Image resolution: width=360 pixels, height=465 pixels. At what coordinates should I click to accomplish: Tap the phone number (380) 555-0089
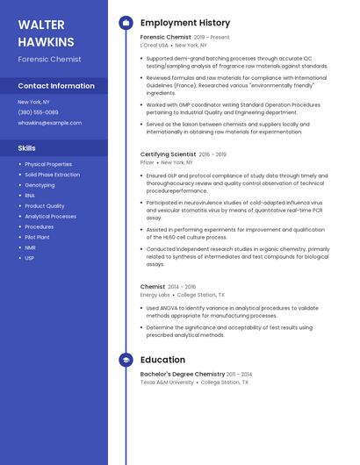38,112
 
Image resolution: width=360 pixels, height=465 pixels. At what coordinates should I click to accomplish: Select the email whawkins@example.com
49,123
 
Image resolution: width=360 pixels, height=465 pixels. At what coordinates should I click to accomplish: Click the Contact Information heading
56,86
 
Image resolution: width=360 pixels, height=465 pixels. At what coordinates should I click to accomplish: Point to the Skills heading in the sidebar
27,147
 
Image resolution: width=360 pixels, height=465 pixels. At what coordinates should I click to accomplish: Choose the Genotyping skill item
40,185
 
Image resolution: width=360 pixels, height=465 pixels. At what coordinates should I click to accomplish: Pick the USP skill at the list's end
30,258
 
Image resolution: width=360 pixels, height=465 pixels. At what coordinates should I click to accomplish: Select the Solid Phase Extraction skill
52,175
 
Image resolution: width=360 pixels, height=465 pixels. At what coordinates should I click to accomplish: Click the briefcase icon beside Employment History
126,23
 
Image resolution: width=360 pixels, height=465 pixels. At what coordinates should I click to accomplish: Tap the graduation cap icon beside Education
126,360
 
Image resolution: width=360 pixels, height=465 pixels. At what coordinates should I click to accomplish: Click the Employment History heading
184,23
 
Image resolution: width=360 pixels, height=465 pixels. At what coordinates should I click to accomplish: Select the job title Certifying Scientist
168,154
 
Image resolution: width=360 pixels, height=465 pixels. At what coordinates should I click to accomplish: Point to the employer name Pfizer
147,162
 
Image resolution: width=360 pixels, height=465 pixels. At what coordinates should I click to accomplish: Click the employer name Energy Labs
155,295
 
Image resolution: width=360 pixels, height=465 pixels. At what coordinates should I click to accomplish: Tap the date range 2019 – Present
212,38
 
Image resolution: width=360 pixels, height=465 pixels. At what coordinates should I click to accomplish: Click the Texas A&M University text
167,383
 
